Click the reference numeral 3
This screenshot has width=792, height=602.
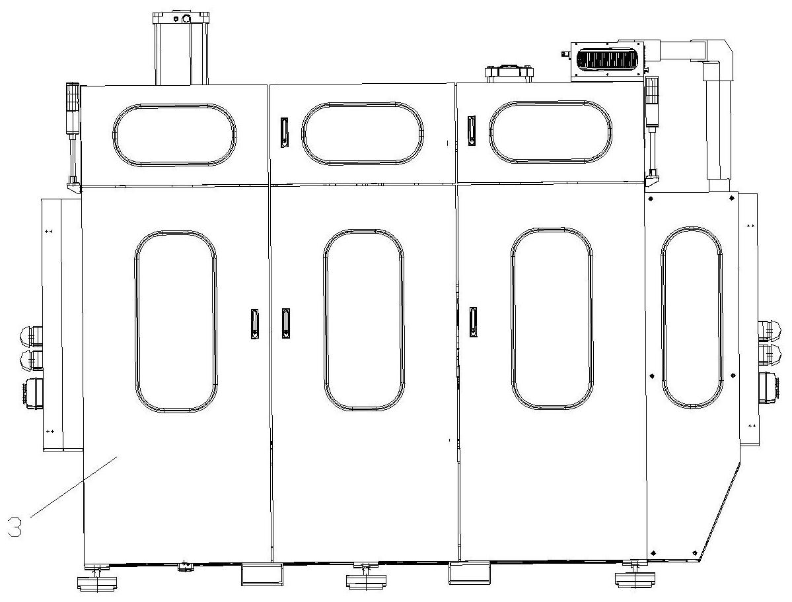(15, 528)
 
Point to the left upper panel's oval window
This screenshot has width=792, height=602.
(174, 135)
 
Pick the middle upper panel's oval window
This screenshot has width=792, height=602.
(363, 133)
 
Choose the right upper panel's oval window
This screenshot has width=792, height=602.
(550, 132)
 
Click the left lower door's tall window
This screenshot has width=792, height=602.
(176, 321)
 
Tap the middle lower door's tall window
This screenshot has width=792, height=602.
(364, 320)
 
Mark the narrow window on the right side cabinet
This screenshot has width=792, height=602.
(692, 318)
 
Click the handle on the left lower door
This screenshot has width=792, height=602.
(255, 324)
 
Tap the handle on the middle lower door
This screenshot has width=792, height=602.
(286, 323)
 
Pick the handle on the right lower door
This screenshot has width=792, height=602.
(473, 321)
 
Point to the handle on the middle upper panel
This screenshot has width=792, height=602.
(285, 133)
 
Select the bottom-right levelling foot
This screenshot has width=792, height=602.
(632, 578)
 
